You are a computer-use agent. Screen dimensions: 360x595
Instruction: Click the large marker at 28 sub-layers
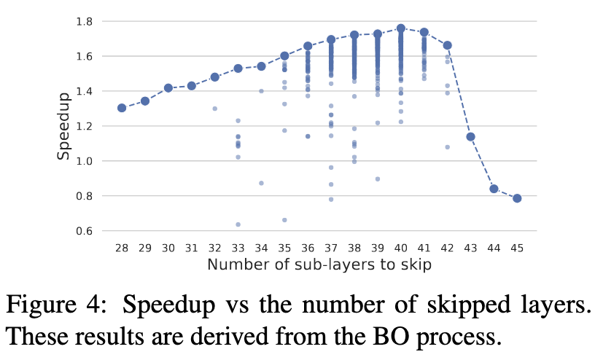(122, 108)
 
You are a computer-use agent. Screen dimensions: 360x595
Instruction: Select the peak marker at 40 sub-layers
(401, 28)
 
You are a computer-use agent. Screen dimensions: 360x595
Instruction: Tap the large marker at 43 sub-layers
(471, 137)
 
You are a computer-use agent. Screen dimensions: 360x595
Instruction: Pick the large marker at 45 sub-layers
(517, 198)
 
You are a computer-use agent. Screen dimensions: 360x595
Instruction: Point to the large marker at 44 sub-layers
(494, 189)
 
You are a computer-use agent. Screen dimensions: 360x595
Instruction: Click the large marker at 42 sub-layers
(448, 45)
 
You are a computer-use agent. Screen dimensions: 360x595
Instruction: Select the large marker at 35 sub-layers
(284, 56)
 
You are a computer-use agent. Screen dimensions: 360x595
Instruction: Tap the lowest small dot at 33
(238, 224)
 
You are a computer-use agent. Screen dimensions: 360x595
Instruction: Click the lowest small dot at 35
(284, 220)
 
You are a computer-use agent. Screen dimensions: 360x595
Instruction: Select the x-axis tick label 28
(122, 248)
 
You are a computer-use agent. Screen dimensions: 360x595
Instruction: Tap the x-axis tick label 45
(517, 248)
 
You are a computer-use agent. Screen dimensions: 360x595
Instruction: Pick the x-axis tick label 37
(331, 248)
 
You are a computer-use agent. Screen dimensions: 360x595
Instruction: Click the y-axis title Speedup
(65, 126)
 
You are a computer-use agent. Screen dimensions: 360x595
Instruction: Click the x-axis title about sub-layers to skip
(319, 265)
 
